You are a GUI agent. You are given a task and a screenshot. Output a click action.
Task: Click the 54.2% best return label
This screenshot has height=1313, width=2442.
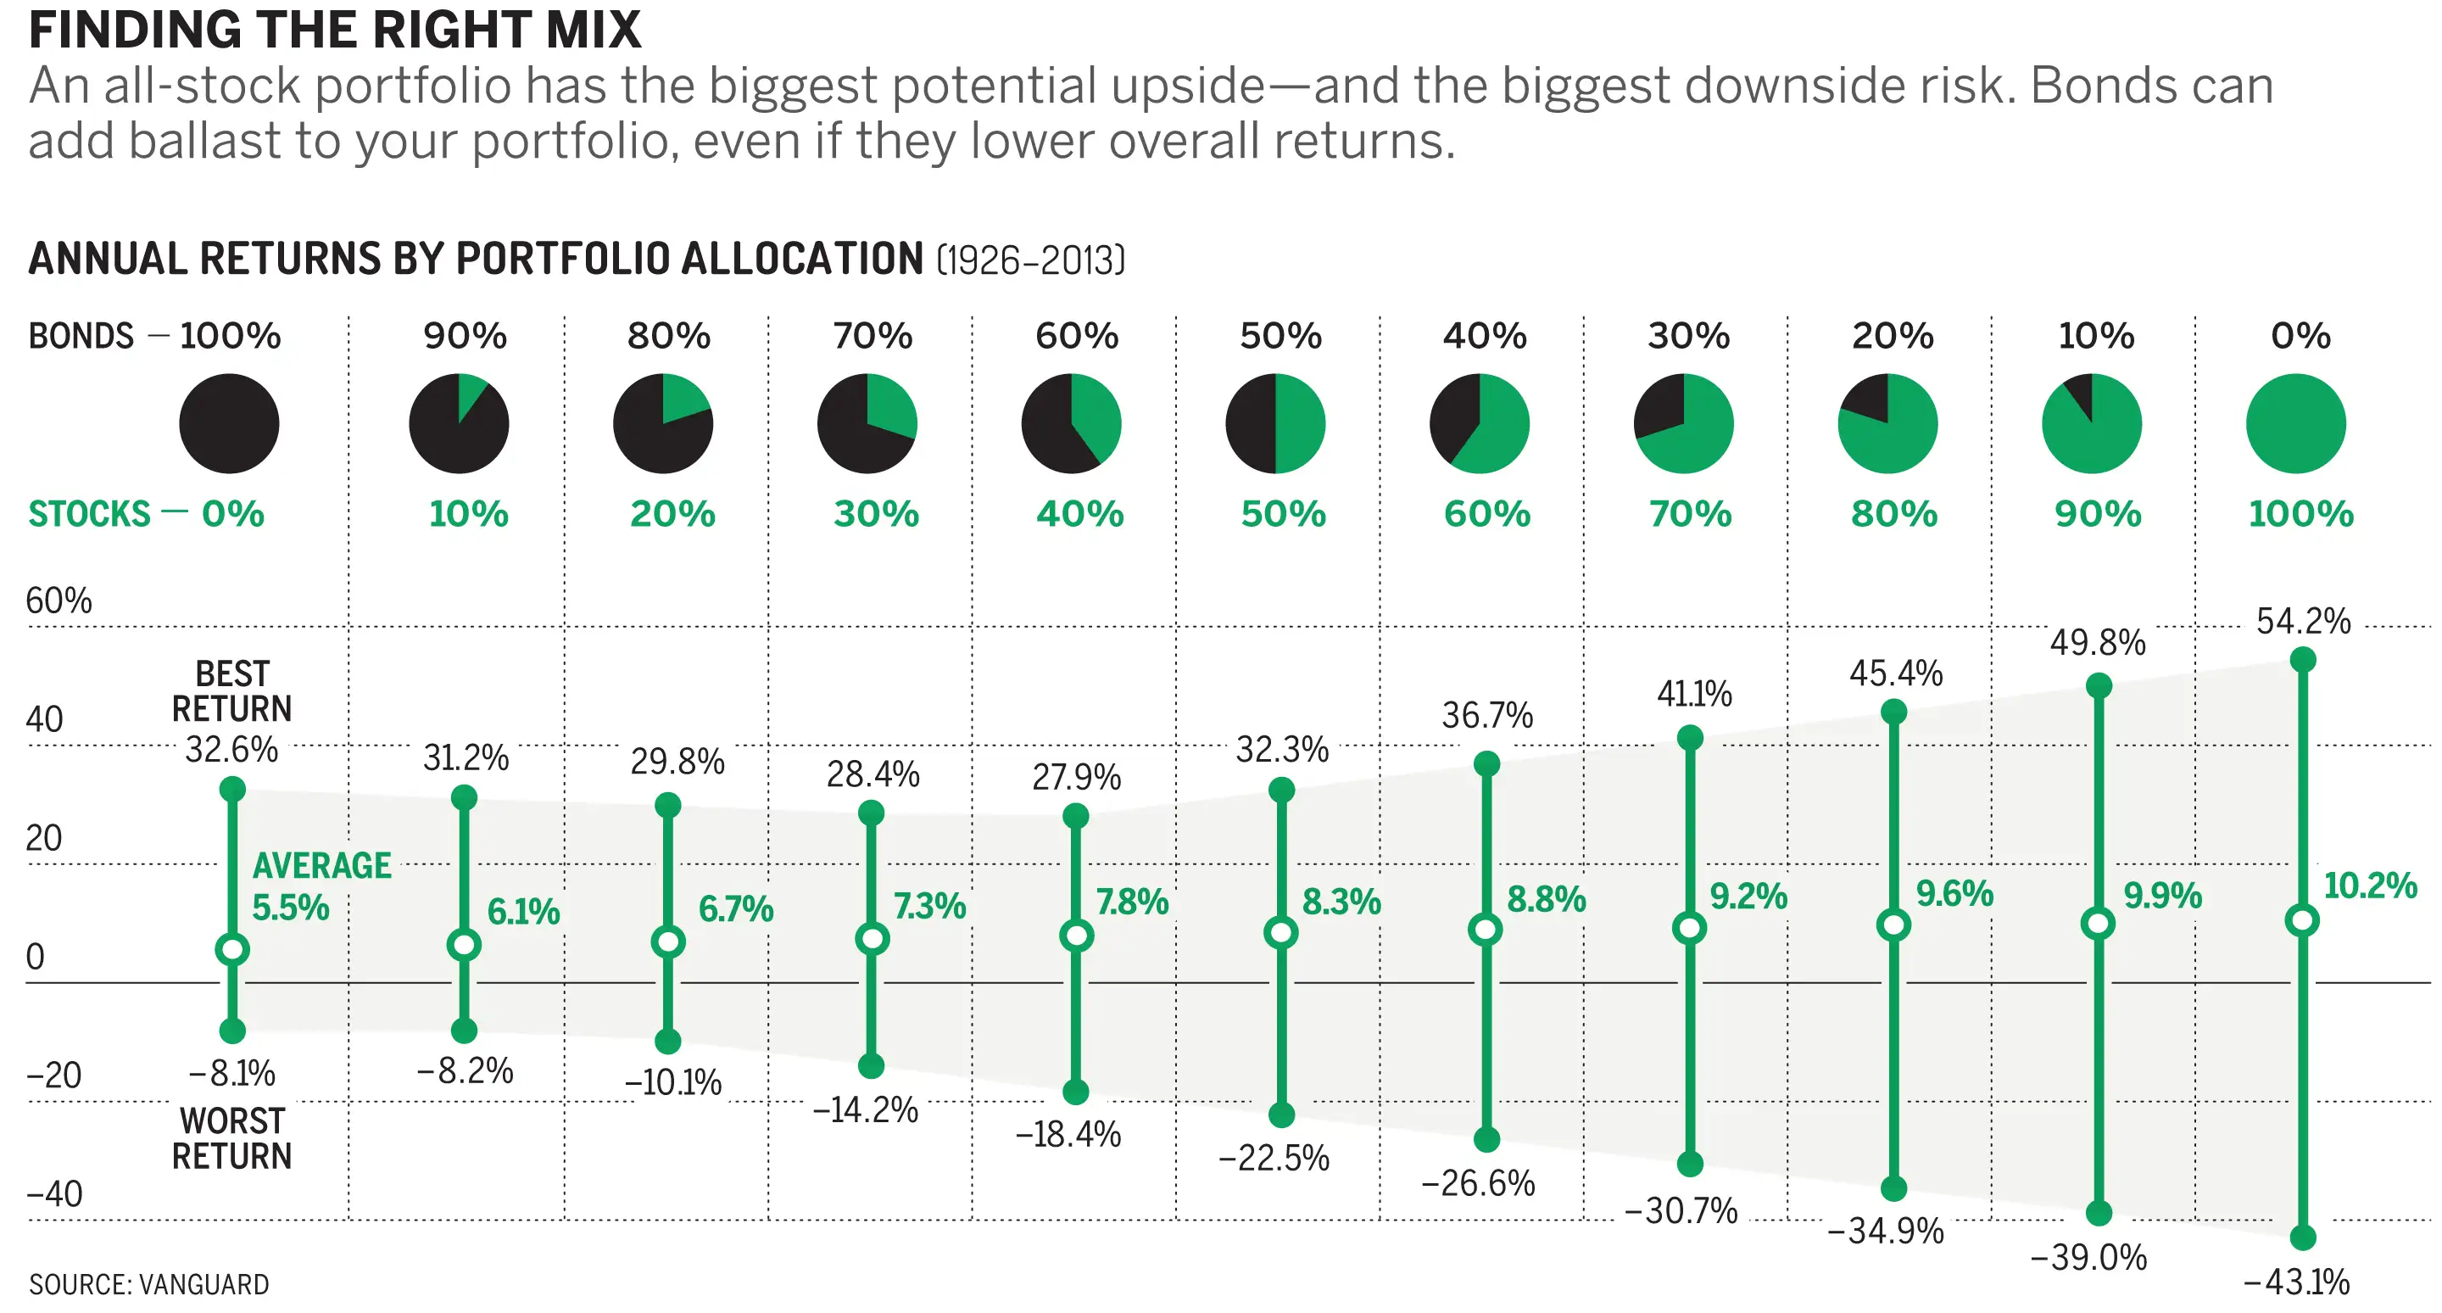(x=2303, y=622)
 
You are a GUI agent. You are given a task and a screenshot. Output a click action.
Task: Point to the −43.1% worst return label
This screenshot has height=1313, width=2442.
(x=2296, y=1282)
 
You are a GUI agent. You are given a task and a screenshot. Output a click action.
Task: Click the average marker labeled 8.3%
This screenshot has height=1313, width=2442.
(x=1280, y=933)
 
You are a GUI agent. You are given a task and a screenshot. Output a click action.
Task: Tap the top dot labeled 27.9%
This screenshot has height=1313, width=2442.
(x=1076, y=815)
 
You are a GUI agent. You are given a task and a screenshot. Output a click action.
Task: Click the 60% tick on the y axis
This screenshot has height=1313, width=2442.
(x=59, y=601)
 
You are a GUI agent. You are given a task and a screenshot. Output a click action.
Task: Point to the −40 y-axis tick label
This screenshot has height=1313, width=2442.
(x=54, y=1193)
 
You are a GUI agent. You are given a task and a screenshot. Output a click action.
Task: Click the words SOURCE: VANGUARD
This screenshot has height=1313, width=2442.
(x=149, y=1284)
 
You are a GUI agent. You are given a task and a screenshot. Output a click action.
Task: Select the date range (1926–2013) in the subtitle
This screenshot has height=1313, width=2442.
(x=1030, y=260)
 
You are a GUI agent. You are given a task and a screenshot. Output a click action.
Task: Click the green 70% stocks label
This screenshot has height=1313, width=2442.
(x=1689, y=514)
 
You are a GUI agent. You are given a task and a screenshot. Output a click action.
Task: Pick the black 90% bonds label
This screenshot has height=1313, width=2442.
(x=465, y=336)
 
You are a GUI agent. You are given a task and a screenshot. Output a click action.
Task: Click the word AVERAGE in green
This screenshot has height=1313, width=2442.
(x=321, y=865)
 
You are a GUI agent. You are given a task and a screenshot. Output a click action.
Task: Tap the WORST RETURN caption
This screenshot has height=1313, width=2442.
(x=232, y=1138)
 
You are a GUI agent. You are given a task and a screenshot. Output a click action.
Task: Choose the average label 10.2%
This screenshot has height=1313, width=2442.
(x=2370, y=886)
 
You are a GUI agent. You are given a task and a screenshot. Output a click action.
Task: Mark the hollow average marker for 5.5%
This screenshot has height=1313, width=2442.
(x=232, y=949)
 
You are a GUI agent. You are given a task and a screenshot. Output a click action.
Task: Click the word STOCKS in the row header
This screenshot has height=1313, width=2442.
(x=89, y=514)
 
